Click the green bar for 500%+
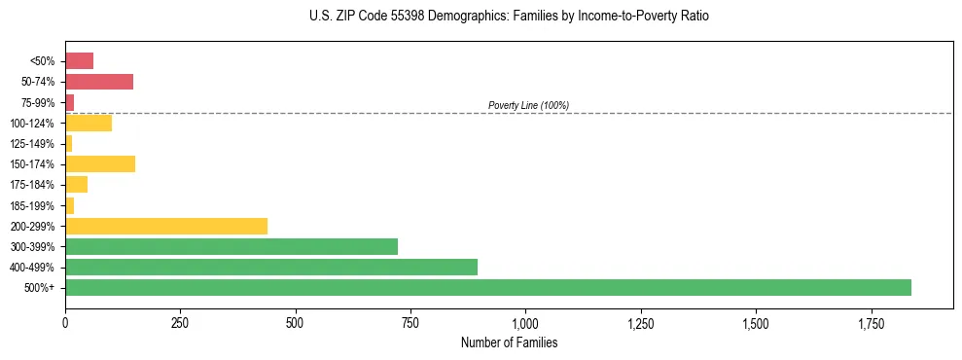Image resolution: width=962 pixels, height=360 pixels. click(487, 287)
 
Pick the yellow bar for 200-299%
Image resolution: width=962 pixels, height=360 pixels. click(166, 226)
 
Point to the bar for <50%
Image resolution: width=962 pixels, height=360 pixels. click(79, 61)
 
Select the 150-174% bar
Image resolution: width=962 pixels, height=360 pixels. click(100, 163)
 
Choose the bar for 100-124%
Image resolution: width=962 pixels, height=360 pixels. click(89, 123)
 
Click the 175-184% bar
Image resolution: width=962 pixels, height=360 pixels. click(76, 184)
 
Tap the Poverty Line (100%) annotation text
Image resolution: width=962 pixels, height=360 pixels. click(528, 105)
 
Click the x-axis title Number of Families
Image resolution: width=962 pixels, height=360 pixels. click(509, 342)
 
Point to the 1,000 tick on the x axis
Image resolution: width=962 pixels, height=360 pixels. click(525, 322)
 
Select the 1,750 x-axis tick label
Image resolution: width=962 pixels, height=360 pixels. click(756, 322)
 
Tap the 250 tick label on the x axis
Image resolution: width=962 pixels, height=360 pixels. click(180, 322)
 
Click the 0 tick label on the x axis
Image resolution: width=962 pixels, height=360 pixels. click(65, 322)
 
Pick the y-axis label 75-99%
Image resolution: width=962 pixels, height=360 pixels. click(38, 103)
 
